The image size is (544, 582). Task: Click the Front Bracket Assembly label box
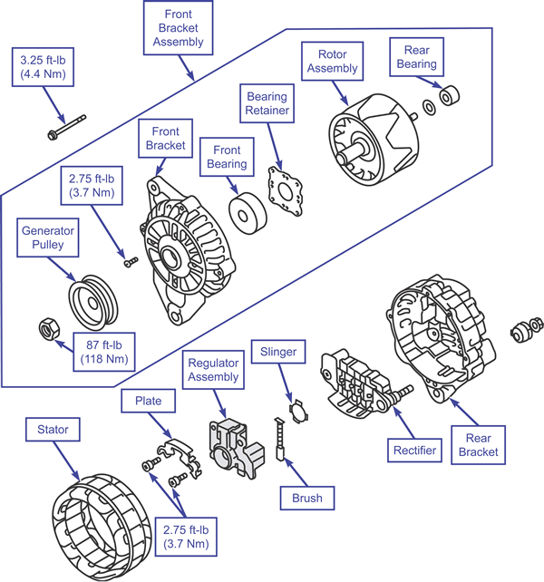tap(184, 28)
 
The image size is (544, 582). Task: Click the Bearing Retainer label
tap(267, 102)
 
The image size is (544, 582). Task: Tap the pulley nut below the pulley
tap(46, 328)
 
